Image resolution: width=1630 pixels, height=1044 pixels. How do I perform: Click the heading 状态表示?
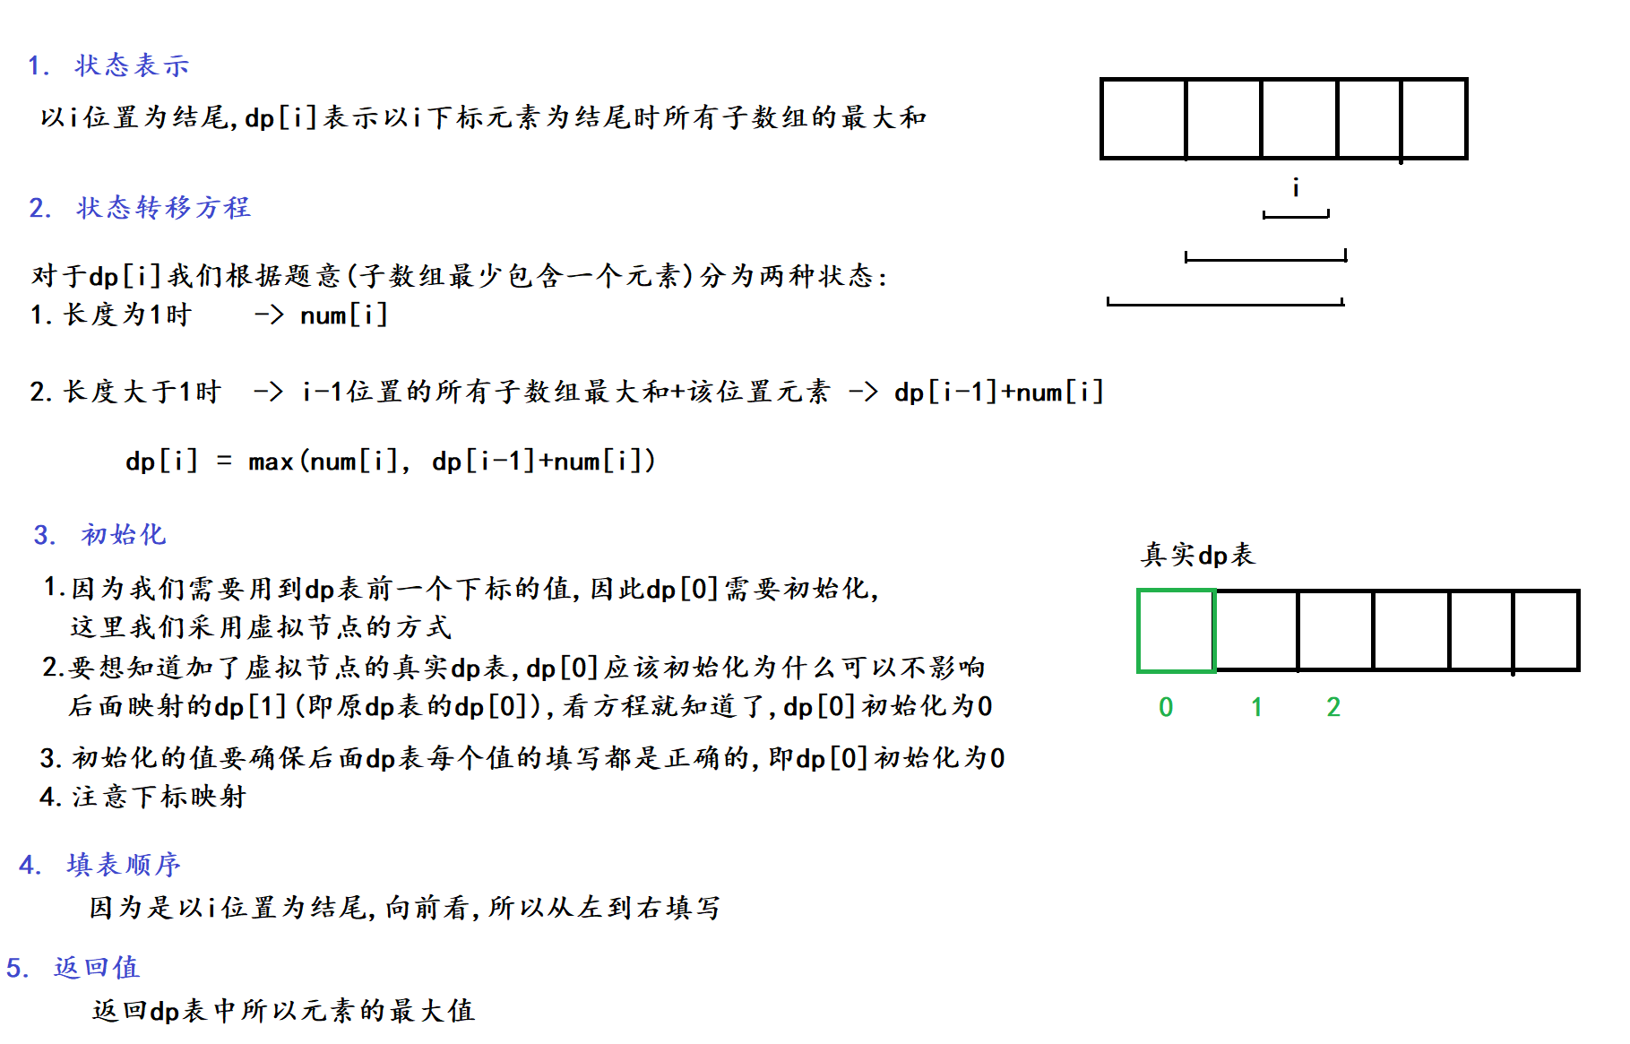coord(132,65)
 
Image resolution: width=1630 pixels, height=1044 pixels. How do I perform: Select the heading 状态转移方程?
coord(162,208)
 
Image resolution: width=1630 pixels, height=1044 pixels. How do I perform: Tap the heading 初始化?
coord(123,535)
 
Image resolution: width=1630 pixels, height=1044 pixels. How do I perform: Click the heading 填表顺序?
coord(123,865)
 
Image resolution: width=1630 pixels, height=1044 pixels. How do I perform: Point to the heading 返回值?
coord(96,968)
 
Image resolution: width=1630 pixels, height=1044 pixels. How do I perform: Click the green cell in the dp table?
coord(1176,631)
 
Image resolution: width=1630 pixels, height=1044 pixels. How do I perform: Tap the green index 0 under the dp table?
coord(1166,708)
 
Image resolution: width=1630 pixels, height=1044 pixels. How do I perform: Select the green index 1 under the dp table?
coord(1256,708)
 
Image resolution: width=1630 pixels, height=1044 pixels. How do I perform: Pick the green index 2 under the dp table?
coord(1333,708)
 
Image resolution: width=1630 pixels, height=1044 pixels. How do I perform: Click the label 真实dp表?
coord(1198,555)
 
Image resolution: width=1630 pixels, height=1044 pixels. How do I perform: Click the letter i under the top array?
coord(1296,187)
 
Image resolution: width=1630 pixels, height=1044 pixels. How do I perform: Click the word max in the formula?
coord(271,462)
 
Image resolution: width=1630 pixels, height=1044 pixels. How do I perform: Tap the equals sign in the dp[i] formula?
coord(224,462)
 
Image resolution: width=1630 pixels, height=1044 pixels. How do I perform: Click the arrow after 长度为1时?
coord(269,315)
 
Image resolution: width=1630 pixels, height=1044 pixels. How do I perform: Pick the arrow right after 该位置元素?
coord(863,392)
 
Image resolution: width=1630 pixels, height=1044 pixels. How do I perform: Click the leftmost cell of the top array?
coord(1143,119)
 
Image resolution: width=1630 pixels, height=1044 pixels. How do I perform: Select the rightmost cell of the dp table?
coord(1546,631)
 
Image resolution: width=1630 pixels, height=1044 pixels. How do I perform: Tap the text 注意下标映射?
coord(159,797)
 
